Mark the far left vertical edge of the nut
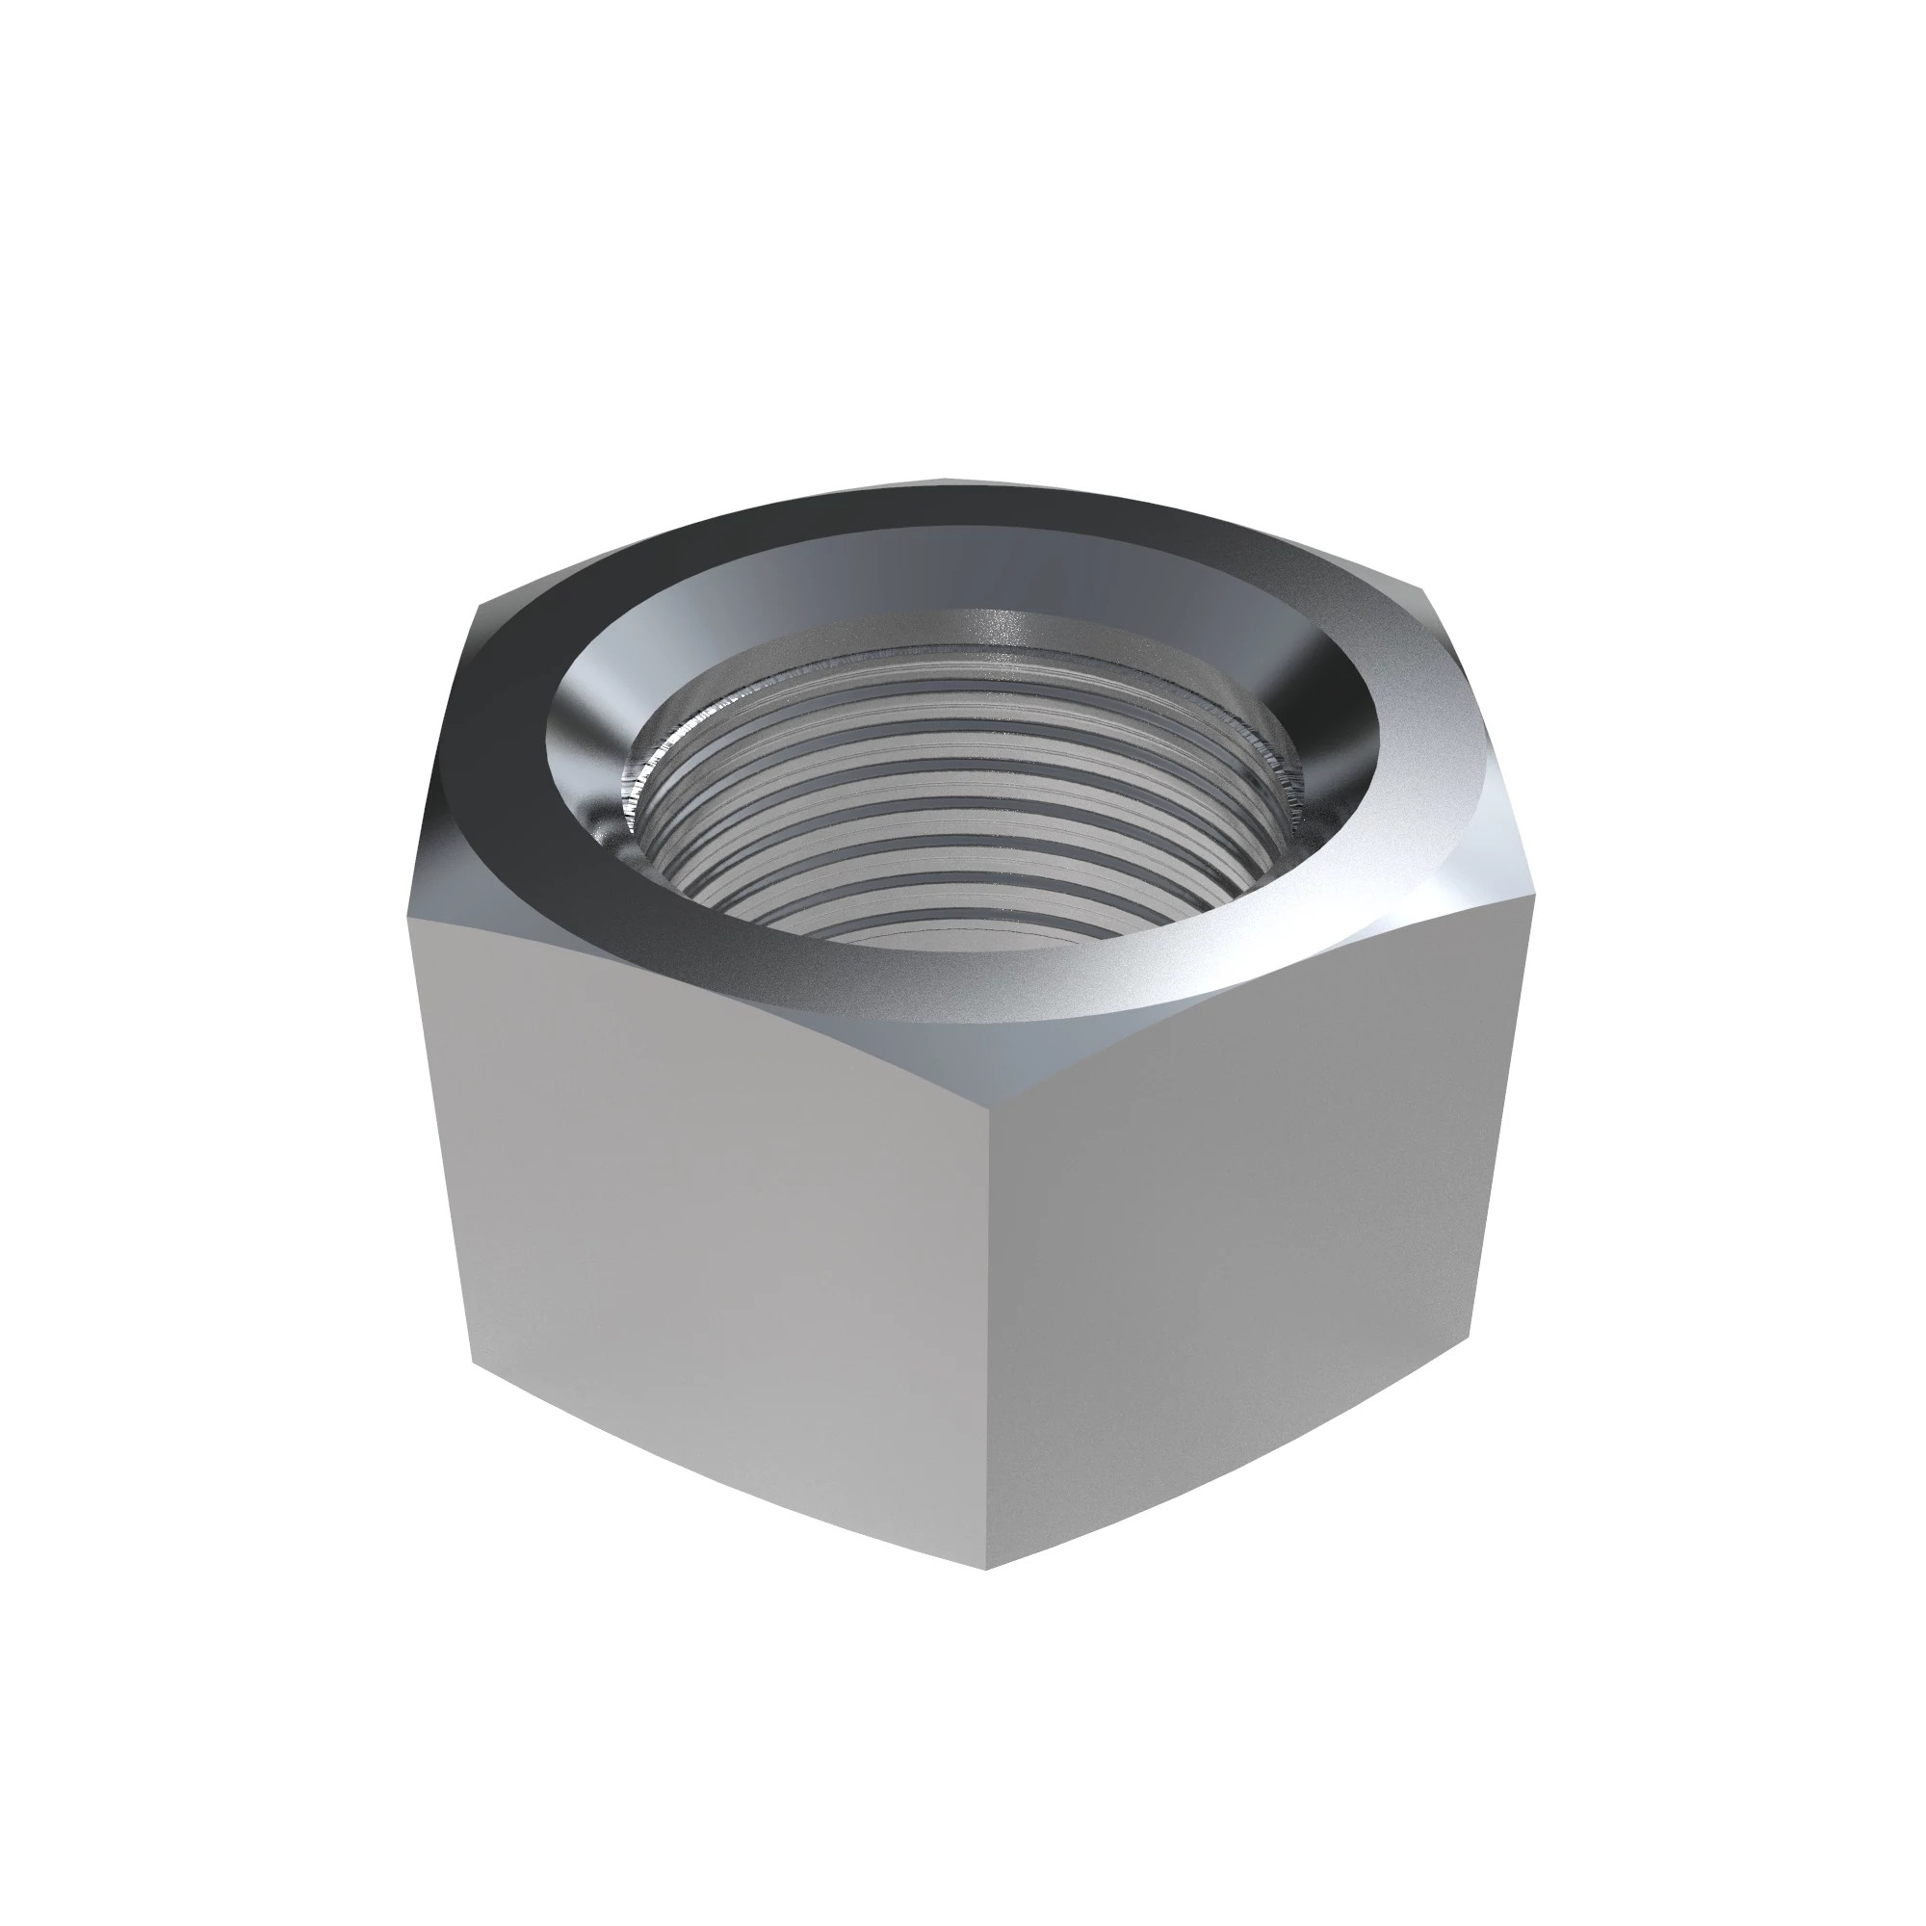pyautogui.click(x=438, y=1136)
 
